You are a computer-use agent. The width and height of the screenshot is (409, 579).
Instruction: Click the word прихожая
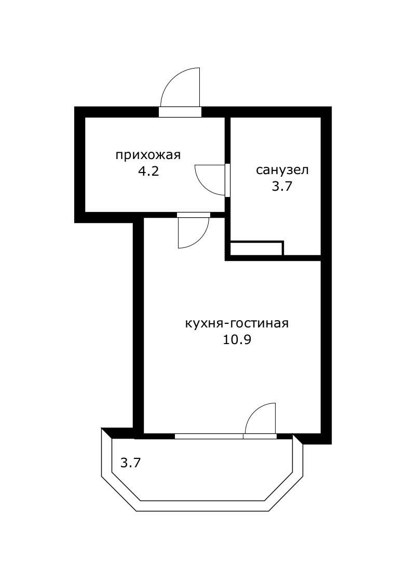pyautogui.click(x=148, y=155)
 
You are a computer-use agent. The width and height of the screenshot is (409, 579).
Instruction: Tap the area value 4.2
pyautogui.click(x=148, y=172)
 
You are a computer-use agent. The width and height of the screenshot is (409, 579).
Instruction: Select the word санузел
pyautogui.click(x=282, y=170)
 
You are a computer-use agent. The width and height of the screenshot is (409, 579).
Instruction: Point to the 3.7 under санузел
pyautogui.click(x=282, y=187)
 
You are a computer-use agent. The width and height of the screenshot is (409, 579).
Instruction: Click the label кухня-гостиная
pyautogui.click(x=237, y=323)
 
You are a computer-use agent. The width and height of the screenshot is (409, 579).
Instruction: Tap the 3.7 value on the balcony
pyautogui.click(x=130, y=462)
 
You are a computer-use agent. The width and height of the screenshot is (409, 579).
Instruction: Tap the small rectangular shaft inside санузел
pyautogui.click(x=256, y=248)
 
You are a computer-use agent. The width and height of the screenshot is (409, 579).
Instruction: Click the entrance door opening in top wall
pyautogui.click(x=180, y=112)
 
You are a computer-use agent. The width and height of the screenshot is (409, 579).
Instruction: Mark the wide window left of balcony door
pyautogui.click(x=209, y=436)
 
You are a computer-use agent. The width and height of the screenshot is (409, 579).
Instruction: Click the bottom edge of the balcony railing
pyautogui.click(x=204, y=506)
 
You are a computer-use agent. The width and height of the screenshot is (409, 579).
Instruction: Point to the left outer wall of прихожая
pyautogui.click(x=79, y=164)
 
